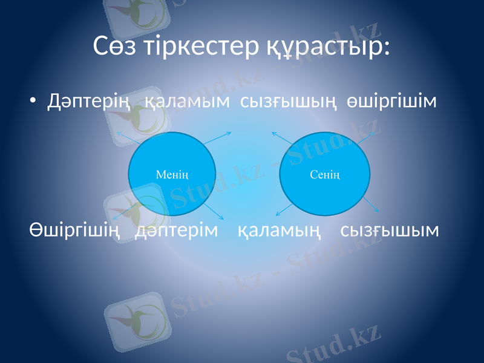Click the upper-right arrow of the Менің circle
point(219,137)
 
